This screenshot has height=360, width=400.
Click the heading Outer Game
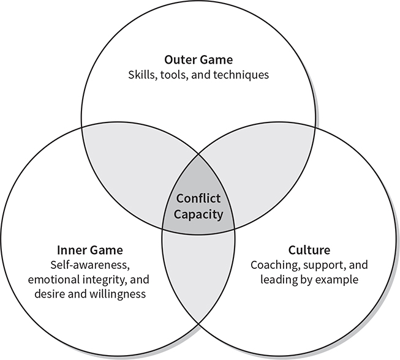point(199,60)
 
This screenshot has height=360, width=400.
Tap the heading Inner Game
point(90,250)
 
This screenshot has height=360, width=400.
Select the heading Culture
point(309,250)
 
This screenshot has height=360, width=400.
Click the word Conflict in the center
point(198,199)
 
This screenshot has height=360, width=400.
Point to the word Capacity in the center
point(198,215)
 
